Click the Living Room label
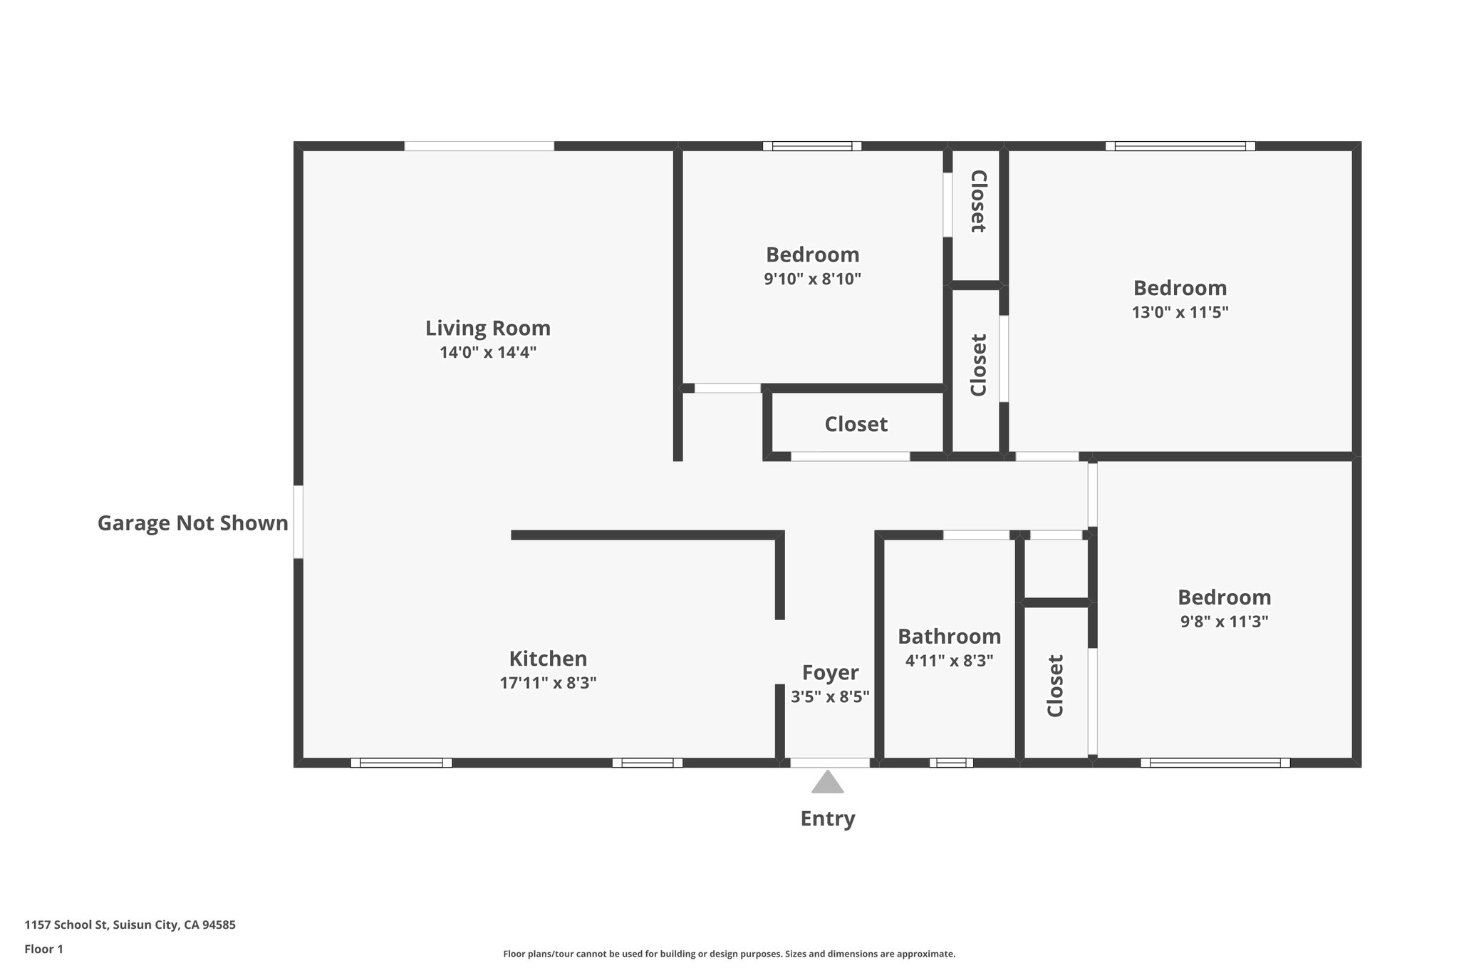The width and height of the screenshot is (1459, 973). pos(488,328)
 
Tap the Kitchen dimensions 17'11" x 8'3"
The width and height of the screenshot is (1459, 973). pos(548,683)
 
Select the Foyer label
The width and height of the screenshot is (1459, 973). pos(830,672)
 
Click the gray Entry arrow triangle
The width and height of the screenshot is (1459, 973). pos(828,783)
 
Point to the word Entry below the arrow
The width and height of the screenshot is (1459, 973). pos(827,818)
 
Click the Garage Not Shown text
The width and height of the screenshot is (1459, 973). pos(192,523)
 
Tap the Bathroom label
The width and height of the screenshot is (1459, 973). pos(949,636)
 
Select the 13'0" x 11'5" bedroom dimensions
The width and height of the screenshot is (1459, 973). pos(1180,312)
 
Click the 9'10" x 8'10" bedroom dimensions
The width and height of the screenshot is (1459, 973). pos(812,279)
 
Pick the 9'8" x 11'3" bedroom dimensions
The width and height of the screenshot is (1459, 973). pos(1224,622)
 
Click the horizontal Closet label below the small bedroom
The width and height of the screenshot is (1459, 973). pos(856,424)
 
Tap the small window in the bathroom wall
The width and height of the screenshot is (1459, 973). pos(951,763)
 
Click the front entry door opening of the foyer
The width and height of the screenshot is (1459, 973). pos(830,763)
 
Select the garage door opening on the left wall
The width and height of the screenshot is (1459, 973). pos(298,522)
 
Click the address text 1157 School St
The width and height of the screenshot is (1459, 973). pos(130,925)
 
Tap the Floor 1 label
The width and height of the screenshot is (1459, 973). pos(43,949)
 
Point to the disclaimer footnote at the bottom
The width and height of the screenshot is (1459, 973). pos(729,954)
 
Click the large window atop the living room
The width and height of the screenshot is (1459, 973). pos(479,146)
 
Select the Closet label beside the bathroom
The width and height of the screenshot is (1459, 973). pos(1055,685)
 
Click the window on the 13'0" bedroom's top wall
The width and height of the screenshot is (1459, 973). pos(1180,146)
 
